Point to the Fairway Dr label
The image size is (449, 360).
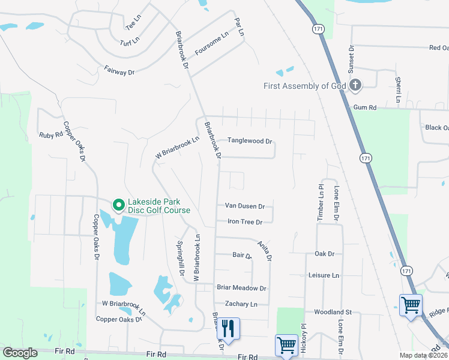[119, 71]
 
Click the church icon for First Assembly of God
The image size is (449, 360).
[355, 85]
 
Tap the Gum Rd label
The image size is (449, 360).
[364, 107]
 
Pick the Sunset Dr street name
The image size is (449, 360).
[352, 56]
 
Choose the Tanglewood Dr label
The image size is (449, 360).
[250, 142]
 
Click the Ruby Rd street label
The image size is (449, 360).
[51, 135]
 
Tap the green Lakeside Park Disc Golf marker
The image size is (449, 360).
[118, 205]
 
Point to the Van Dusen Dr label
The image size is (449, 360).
[244, 206]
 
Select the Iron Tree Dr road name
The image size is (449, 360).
[245, 222]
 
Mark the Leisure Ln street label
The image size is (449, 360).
[323, 275]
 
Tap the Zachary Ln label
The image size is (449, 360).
[241, 304]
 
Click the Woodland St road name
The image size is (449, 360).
[332, 312]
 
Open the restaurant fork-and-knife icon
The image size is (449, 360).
[229, 328]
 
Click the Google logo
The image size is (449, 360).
[20, 353]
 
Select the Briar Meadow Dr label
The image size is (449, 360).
[241, 288]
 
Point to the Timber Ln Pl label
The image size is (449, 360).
[319, 203]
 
